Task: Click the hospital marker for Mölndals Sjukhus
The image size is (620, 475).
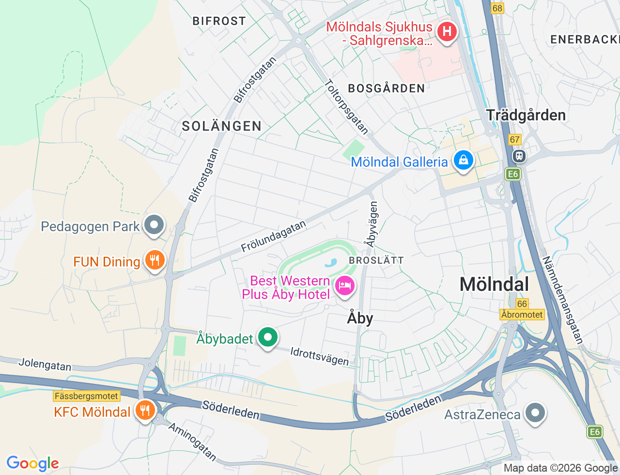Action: (447, 32)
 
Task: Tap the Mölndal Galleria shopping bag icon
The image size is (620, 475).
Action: (463, 160)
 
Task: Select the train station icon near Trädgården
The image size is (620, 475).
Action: (519, 156)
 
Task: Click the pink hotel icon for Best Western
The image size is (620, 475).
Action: (344, 285)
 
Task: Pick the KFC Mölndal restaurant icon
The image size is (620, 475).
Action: (144, 411)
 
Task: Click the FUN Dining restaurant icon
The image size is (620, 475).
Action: (155, 261)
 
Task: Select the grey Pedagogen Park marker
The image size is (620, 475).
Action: (155, 225)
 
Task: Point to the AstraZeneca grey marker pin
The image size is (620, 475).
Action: (535, 413)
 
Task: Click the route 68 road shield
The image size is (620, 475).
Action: (497, 8)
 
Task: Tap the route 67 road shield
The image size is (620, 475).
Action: (514, 140)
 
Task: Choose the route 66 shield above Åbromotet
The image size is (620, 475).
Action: (522, 304)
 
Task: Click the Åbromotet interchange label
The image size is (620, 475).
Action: (522, 315)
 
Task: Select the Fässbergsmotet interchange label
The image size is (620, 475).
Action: (86, 396)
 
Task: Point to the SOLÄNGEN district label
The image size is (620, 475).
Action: (221, 126)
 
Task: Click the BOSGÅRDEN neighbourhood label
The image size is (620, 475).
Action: (387, 88)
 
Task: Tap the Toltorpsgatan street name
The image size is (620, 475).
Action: (347, 107)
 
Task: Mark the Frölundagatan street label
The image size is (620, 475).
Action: (274, 236)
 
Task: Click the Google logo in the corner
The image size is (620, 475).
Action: (32, 463)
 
